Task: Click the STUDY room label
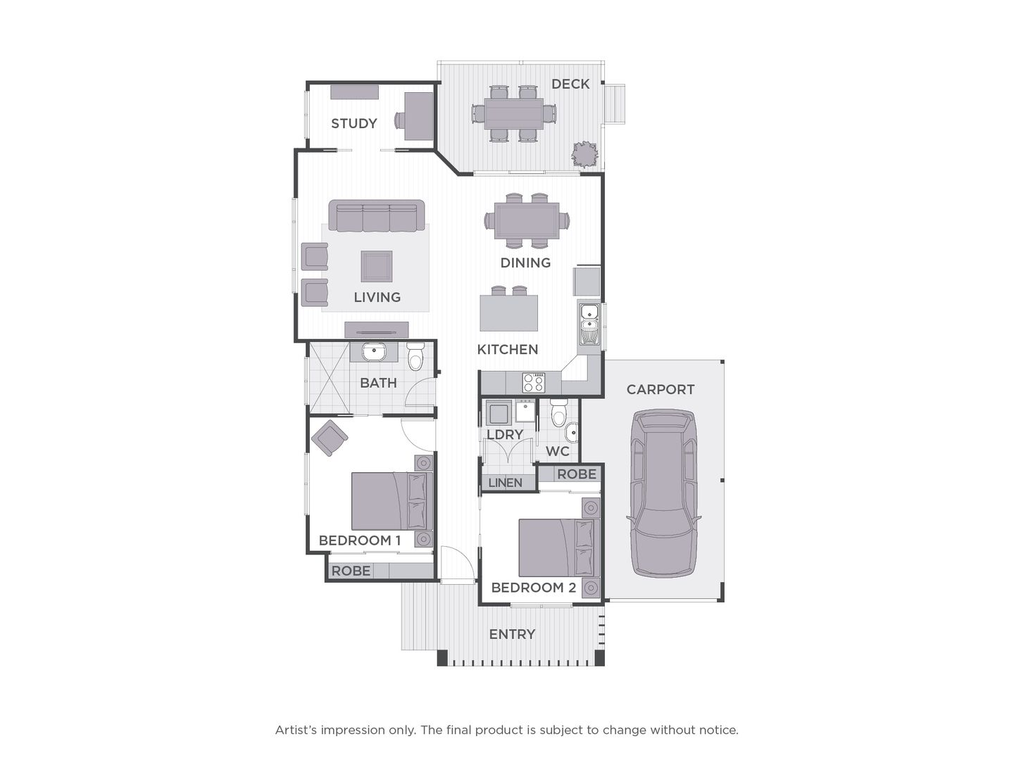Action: click(x=353, y=123)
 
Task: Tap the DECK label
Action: click(x=570, y=84)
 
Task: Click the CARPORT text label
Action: click(x=660, y=389)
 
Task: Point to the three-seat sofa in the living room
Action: click(x=377, y=215)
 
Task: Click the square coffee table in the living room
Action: click(x=377, y=265)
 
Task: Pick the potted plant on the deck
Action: click(x=584, y=154)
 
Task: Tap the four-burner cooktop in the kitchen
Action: click(x=533, y=382)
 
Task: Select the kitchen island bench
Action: click(x=509, y=312)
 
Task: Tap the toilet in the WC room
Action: click(x=559, y=413)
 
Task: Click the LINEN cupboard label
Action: click(x=505, y=483)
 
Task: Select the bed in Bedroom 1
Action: click(x=392, y=501)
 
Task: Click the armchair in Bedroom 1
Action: click(x=329, y=438)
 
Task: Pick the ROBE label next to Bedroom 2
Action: click(x=576, y=474)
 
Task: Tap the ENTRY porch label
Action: click(x=512, y=634)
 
